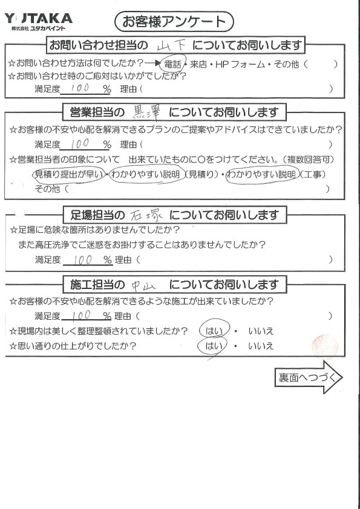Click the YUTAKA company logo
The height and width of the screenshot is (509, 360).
pyautogui.click(x=38, y=21)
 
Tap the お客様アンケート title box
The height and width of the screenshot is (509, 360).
pyautogui.click(x=174, y=22)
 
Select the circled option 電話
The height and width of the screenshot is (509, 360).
pyautogui.click(x=173, y=63)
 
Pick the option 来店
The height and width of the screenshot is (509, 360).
pyautogui.click(x=198, y=64)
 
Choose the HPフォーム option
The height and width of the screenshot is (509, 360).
pyautogui.click(x=240, y=64)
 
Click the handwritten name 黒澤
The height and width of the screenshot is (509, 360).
pyautogui.click(x=147, y=112)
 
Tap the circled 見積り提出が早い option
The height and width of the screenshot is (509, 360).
pyautogui.click(x=69, y=175)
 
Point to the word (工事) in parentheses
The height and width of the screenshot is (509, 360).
pyautogui.click(x=312, y=175)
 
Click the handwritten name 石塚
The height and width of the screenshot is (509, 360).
pyautogui.click(x=146, y=215)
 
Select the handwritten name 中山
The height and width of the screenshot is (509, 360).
pyautogui.click(x=143, y=285)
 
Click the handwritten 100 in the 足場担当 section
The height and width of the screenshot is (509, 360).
pyautogui.click(x=83, y=260)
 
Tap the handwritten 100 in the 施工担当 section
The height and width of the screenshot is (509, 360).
pyautogui.click(x=81, y=315)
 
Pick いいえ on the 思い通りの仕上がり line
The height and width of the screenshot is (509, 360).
pyautogui.click(x=261, y=346)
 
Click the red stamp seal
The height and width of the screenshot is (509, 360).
pyautogui.click(x=325, y=346)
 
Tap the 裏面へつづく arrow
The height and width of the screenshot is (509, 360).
pyautogui.click(x=309, y=377)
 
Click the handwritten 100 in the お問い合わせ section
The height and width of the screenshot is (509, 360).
pyautogui.click(x=80, y=88)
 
